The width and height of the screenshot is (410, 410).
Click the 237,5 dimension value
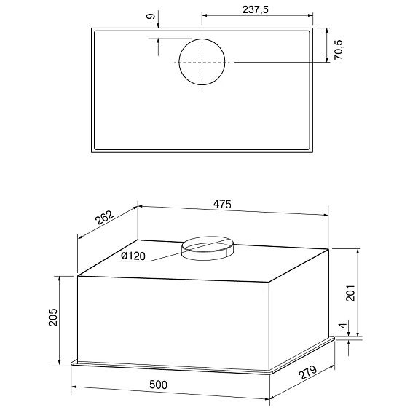[x=255, y=10]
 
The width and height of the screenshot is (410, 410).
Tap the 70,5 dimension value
[x=339, y=50]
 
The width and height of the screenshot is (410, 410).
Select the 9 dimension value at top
[x=151, y=17]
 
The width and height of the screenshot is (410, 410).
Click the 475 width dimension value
[x=222, y=204]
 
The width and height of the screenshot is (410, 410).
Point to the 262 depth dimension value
[x=105, y=218]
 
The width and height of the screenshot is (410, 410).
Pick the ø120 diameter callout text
[x=133, y=256]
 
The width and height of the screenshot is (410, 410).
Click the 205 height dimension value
[x=53, y=317]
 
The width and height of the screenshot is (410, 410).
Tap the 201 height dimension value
[x=350, y=293]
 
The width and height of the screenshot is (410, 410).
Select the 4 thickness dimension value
[x=343, y=326]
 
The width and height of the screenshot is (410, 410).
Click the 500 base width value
[x=158, y=385]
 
